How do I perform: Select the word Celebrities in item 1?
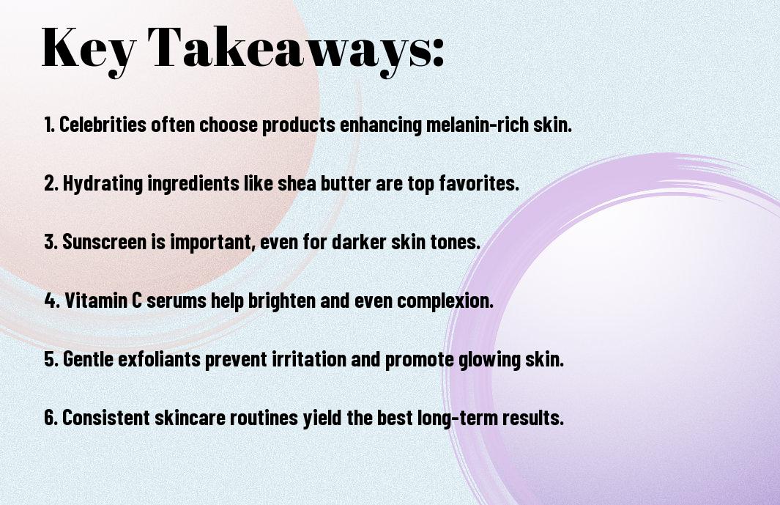pyautogui.click(x=103, y=124)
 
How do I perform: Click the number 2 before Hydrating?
pyautogui.click(x=49, y=183)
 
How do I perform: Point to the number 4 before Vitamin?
pyautogui.click(x=51, y=301)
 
